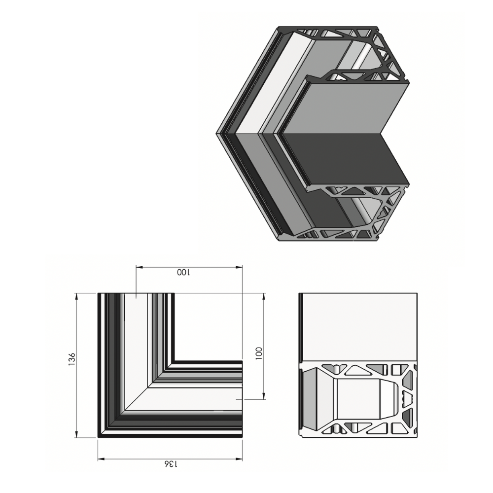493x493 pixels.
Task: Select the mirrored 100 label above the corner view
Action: click(183, 273)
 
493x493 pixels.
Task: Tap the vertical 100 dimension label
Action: click(259, 352)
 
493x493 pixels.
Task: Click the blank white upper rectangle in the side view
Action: click(358, 327)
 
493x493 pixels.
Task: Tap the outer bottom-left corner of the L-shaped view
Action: click(99, 437)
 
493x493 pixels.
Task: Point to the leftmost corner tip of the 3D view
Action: click(216, 133)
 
